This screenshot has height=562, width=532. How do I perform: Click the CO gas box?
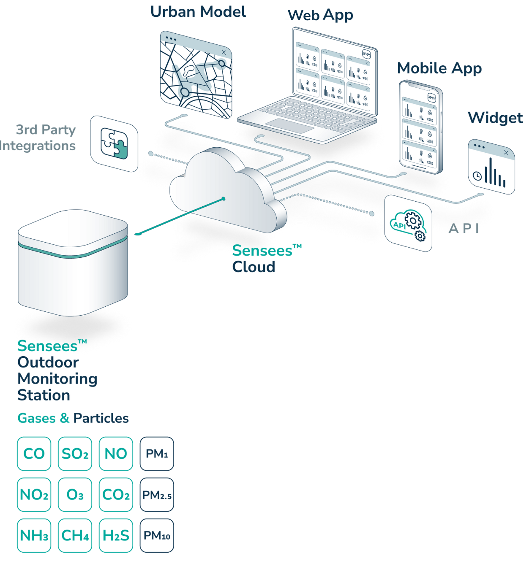click(34, 453)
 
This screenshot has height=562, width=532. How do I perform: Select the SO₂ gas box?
click(75, 453)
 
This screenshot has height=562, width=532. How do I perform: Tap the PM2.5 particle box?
click(157, 494)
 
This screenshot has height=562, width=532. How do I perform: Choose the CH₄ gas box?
click(75, 535)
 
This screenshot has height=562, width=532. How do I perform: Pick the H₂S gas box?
click(116, 535)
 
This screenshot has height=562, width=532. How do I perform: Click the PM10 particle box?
click(157, 535)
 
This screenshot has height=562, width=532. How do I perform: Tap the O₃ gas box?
click(75, 494)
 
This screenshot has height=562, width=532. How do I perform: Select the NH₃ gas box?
click(34, 535)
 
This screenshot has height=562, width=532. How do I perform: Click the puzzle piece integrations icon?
click(114, 143)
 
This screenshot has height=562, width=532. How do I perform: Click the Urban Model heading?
click(198, 12)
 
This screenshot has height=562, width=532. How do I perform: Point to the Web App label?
click(320, 16)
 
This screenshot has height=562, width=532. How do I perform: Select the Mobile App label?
click(439, 69)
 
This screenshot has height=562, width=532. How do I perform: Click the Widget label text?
click(495, 118)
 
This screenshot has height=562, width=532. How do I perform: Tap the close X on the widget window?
click(506, 153)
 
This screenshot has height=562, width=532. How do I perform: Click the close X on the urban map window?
click(224, 52)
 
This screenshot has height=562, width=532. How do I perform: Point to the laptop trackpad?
click(290, 126)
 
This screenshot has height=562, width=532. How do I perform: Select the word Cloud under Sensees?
click(254, 267)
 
